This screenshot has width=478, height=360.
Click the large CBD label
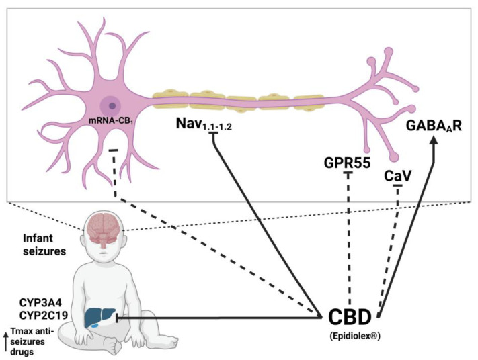[352, 317]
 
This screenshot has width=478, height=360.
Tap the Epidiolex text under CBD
[352, 336]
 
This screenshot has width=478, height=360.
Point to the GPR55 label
[348, 162]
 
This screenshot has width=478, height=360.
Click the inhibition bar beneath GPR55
[348, 174]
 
